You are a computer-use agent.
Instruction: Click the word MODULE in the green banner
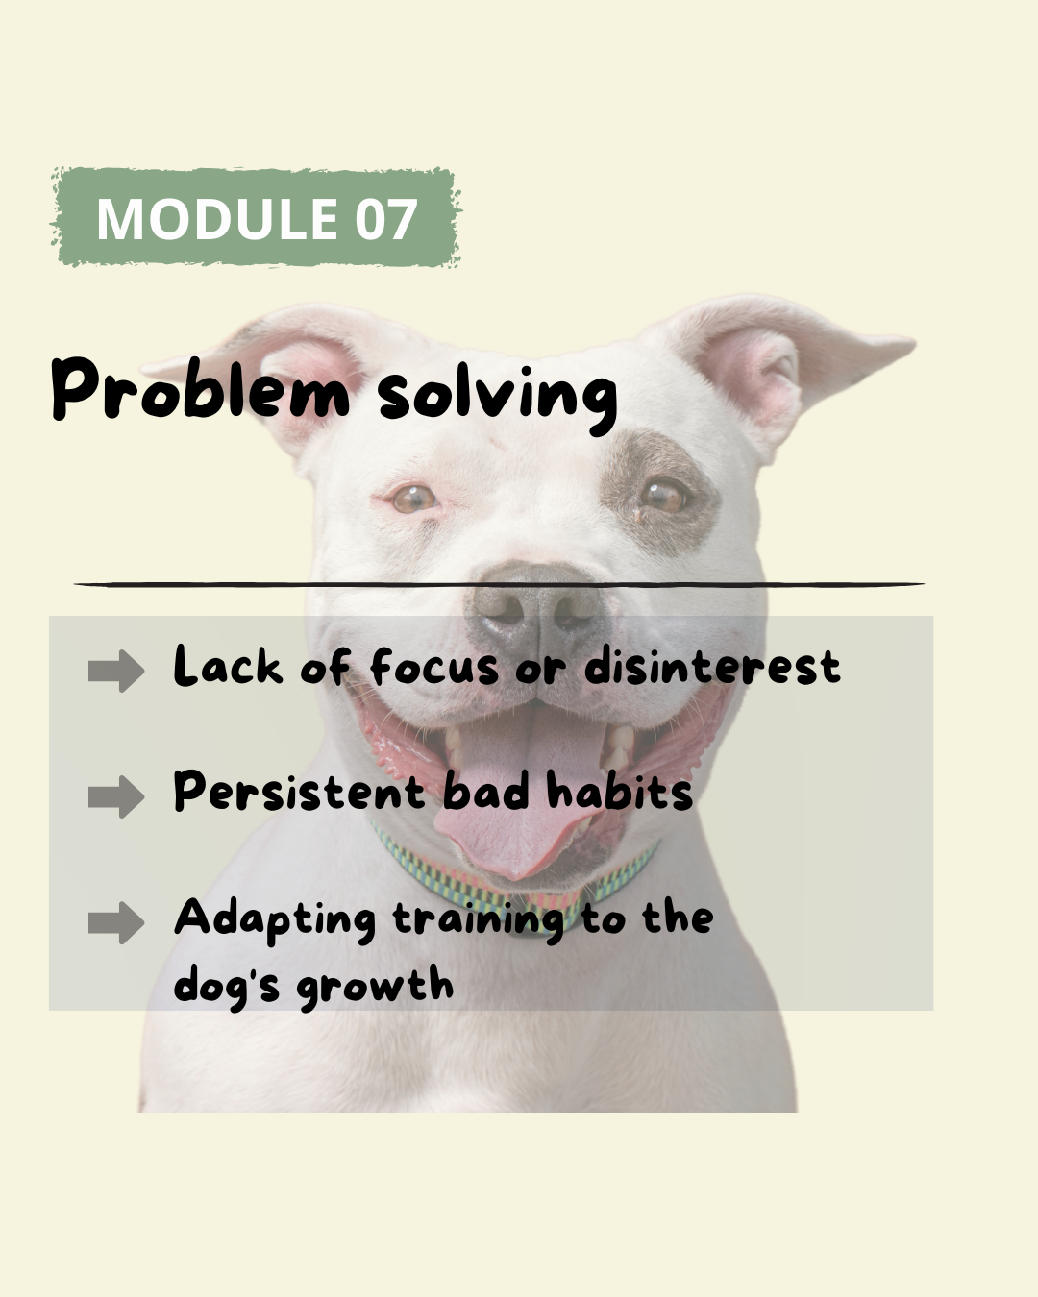[x=217, y=218]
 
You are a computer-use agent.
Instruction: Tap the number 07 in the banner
[x=386, y=218]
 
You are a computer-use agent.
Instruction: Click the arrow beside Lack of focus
[x=116, y=671]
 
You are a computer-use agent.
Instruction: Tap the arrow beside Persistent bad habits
[x=116, y=796]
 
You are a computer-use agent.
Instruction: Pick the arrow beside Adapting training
[x=116, y=922]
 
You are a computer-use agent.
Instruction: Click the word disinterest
[x=712, y=667]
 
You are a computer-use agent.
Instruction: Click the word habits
[x=619, y=791]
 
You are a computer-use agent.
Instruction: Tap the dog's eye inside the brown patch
[x=663, y=496]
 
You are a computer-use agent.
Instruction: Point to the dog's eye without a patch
[x=413, y=499]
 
